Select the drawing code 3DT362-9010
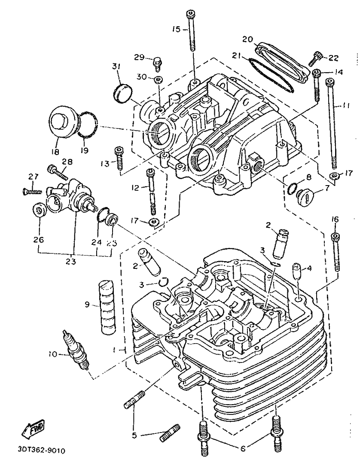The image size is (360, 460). (x=42, y=451)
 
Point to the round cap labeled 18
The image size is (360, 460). (x=63, y=121)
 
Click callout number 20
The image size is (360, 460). (x=247, y=39)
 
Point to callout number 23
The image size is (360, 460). (x=73, y=260)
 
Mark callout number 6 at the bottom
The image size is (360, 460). (x=242, y=449)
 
